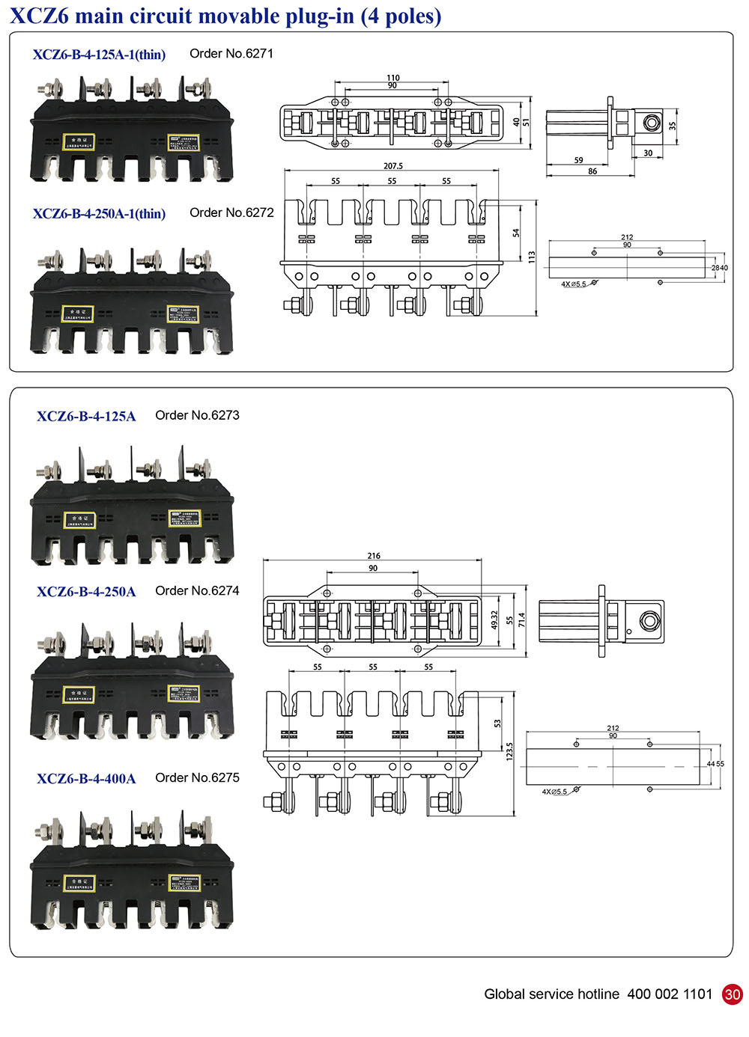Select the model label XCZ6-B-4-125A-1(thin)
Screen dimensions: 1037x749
tap(99, 55)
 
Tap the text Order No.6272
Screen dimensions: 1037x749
tap(231, 212)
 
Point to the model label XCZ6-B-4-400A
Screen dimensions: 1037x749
tap(86, 779)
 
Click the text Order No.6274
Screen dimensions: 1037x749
tap(197, 590)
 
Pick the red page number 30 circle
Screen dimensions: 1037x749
tap(732, 994)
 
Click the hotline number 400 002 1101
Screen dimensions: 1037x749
tap(670, 994)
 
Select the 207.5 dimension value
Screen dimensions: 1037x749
tap(392, 166)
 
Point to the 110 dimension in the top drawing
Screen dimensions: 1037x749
tap(393, 77)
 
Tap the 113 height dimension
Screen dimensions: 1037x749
tap(532, 257)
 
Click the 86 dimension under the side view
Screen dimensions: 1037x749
tap(592, 171)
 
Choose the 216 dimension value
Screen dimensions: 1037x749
tap(374, 556)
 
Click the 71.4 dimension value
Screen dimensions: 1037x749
tap(521, 620)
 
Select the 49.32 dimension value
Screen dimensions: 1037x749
tap(494, 620)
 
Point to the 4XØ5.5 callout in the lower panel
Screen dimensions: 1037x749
tap(554, 792)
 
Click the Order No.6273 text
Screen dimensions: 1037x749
tap(197, 415)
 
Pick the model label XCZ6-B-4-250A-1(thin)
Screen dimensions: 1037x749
tap(99, 214)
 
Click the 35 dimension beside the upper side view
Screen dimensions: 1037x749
tap(672, 126)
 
